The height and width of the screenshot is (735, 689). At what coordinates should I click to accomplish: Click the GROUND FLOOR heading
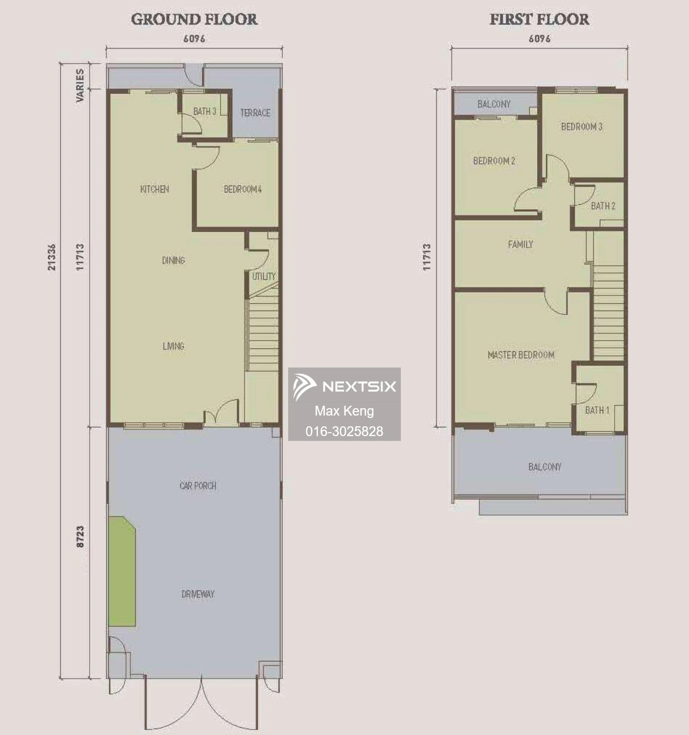point(194,20)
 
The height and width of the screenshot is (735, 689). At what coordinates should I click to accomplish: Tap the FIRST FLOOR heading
point(539,20)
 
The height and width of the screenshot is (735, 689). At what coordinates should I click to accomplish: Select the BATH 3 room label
point(204,112)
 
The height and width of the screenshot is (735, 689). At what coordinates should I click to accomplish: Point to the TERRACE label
point(255,113)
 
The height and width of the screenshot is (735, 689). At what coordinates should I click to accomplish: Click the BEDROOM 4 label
point(243,189)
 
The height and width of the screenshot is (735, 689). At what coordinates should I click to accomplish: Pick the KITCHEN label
point(154,189)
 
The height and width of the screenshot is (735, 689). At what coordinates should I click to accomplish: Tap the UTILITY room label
point(264,276)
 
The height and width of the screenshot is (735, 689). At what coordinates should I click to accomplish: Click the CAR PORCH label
point(197,486)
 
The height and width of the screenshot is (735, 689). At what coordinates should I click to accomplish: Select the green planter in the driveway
point(122,571)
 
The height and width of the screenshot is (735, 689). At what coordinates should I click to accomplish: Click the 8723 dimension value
point(80,537)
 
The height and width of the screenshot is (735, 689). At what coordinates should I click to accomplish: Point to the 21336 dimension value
point(52,257)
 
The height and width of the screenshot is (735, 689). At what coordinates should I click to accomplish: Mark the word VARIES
point(80,85)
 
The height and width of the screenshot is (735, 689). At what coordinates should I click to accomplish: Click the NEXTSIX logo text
point(359,387)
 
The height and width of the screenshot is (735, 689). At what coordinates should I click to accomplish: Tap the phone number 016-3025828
point(344,431)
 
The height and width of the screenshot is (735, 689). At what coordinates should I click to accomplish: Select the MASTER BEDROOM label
point(521,355)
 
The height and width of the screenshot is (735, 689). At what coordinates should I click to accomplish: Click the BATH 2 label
point(603,206)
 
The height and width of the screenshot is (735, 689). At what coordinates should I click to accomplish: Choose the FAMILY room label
point(520,244)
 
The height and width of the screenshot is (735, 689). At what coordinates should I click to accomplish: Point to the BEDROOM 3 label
point(582,126)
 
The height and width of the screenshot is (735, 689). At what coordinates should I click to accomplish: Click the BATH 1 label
point(597,410)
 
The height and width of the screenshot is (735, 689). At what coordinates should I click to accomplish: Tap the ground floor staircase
point(263,333)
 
